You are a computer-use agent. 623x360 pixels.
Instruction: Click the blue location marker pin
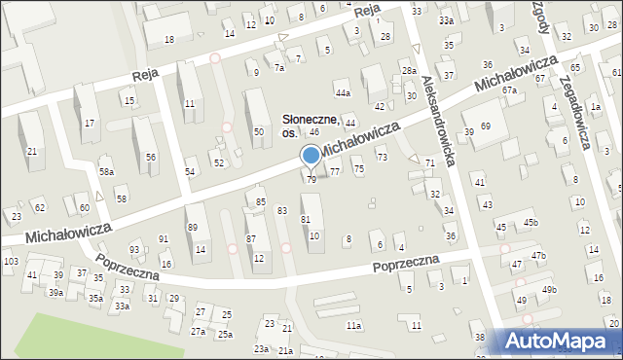point(311,156)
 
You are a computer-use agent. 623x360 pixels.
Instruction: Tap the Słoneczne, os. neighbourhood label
point(311,125)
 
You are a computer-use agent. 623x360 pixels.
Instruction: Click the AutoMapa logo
point(561,341)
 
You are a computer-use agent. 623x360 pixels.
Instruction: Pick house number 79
point(311,179)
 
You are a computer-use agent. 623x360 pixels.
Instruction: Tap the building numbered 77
point(335,171)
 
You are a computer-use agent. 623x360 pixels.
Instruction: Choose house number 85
point(261,201)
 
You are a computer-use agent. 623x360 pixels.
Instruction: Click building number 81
point(306,219)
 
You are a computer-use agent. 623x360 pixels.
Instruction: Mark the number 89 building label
point(193,227)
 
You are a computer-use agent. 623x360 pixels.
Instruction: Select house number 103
point(11,262)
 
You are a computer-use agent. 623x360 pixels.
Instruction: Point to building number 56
point(151,157)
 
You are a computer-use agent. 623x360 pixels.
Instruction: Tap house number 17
point(90,123)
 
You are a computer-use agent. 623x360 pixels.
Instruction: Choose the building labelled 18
point(169,39)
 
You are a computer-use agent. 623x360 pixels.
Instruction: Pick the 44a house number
point(342,92)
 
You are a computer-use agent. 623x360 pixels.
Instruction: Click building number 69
point(485,127)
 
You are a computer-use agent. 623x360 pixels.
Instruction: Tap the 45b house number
point(530,223)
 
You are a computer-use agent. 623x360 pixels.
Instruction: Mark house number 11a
point(354,326)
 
